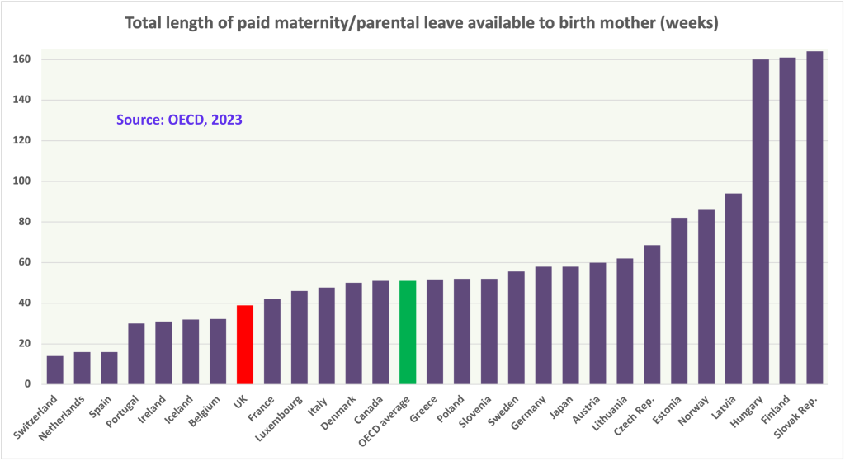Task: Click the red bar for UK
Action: [245, 345]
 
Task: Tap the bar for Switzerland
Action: [54, 370]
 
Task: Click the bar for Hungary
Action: [760, 222]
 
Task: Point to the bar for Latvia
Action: [733, 289]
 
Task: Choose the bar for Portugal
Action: [136, 354]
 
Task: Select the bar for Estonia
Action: [679, 301]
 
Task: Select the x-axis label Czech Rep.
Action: [629, 416]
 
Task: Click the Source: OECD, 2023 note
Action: [178, 120]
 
